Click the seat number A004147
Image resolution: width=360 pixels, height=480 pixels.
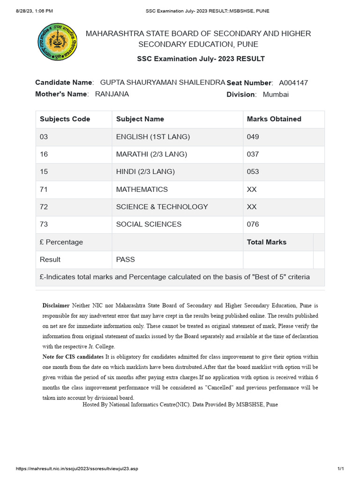pyautogui.click(x=293, y=83)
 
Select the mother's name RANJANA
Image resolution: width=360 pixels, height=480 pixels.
pyautogui.click(x=112, y=94)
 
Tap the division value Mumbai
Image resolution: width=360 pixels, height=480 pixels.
pyautogui.click(x=276, y=95)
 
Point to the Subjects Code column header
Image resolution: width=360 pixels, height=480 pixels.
pyautogui.click(x=65, y=119)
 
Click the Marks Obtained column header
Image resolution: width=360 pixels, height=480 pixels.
pyautogui.click(x=274, y=119)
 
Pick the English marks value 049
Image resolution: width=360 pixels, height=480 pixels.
pyautogui.click(x=253, y=137)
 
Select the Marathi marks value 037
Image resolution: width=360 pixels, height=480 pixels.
pyautogui.click(x=253, y=154)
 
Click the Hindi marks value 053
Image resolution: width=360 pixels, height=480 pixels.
pyautogui.click(x=253, y=172)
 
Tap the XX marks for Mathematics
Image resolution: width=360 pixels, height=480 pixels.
pyautogui.click(x=252, y=189)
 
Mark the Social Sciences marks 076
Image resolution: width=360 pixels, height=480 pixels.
pyautogui.click(x=253, y=224)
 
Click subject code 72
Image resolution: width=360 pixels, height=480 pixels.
pyautogui.click(x=44, y=207)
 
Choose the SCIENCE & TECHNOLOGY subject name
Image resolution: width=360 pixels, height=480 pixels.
pyautogui.click(x=162, y=207)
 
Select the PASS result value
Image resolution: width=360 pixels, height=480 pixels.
pyautogui.click(x=126, y=259)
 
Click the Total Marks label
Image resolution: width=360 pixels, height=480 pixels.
pyautogui.click(x=267, y=242)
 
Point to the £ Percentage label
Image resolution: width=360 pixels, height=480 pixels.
pyautogui.click(x=61, y=242)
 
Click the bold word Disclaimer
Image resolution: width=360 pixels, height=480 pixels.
pyautogui.click(x=56, y=305)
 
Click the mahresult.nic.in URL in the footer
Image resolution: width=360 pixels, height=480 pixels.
pyautogui.click(x=77, y=469)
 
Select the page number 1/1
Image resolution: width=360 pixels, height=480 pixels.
pyautogui.click(x=341, y=469)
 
